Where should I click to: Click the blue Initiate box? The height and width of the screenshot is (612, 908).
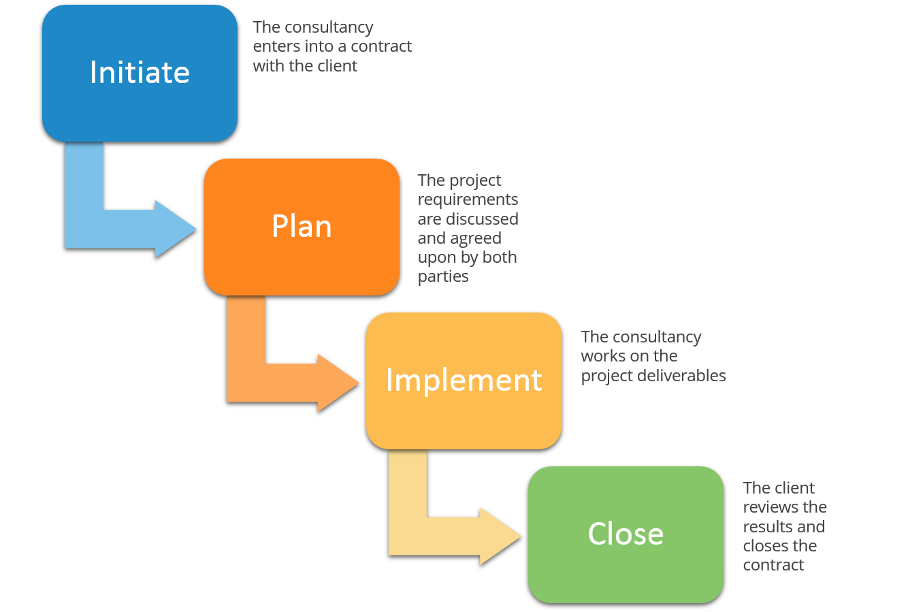click(140, 73)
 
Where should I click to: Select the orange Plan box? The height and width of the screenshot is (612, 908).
click(302, 227)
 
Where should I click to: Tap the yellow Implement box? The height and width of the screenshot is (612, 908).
click(464, 381)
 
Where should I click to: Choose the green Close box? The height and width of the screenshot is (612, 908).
click(626, 534)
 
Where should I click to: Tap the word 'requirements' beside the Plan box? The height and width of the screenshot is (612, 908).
click(468, 199)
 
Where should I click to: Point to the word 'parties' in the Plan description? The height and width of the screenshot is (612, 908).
click(443, 277)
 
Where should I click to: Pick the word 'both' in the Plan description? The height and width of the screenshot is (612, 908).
click(500, 257)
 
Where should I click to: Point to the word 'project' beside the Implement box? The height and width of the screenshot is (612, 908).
click(606, 376)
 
